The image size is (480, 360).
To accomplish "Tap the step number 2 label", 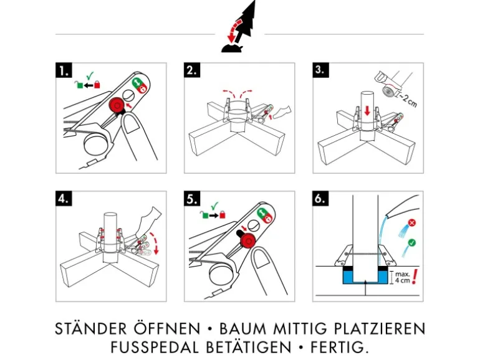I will click(x=192, y=70).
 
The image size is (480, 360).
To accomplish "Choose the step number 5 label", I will click(x=192, y=199).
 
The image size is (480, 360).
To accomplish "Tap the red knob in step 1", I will click(x=116, y=106).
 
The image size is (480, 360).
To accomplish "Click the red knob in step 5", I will click(x=248, y=241).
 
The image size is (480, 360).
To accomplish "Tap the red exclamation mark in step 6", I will click(x=413, y=276).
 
